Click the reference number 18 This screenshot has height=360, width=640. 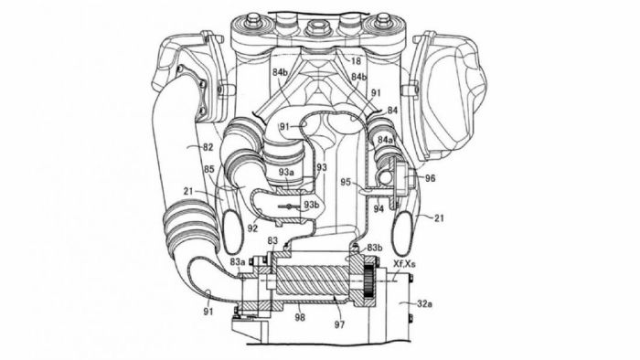pos(356,61)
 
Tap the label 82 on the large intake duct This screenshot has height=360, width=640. pos(208,148)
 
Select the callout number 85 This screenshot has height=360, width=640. pos(208,167)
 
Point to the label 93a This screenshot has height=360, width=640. pos(286,172)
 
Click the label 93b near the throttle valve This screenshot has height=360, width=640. pos(311,205)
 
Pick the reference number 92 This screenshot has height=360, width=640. pos(253,228)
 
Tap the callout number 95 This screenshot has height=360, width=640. pos(346,182)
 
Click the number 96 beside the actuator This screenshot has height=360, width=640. pos(431,178)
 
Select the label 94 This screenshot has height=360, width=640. pos(379,209)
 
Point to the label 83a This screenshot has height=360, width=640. pos(238,262)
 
